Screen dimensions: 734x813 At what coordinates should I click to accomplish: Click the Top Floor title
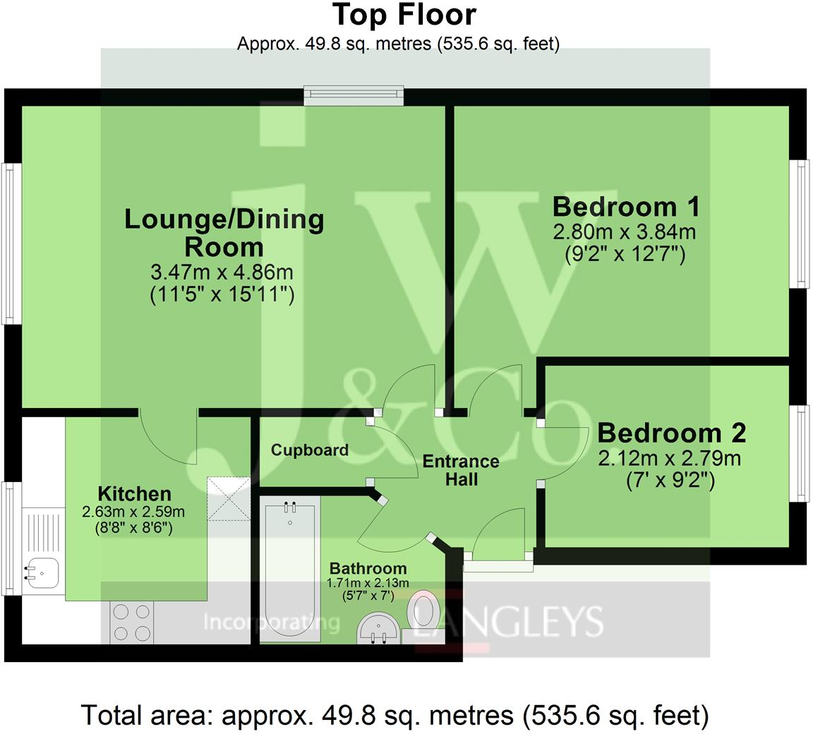[404, 15]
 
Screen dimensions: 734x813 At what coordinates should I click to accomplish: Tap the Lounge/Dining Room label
[224, 232]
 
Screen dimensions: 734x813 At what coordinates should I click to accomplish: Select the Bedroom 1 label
[626, 207]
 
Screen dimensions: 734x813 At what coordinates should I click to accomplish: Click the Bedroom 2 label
[671, 432]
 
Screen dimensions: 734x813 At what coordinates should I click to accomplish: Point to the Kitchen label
[134, 493]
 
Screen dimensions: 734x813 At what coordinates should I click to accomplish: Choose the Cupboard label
[310, 450]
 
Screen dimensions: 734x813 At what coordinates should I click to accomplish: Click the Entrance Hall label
[460, 471]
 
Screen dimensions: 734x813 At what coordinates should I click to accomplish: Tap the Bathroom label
[368, 568]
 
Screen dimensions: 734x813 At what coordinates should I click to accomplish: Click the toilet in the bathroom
[424, 610]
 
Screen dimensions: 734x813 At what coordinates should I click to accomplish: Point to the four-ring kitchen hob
[131, 622]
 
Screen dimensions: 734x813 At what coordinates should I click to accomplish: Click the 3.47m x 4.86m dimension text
[222, 272]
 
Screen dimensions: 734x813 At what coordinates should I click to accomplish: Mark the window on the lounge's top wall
[354, 95]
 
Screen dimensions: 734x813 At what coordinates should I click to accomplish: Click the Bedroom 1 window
[799, 223]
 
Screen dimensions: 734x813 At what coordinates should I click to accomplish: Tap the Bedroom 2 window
[799, 453]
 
